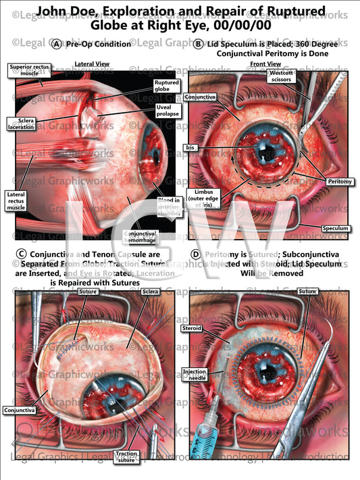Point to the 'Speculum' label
[335, 229]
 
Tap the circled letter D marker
[196, 255]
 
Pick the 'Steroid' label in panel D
[192, 329]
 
